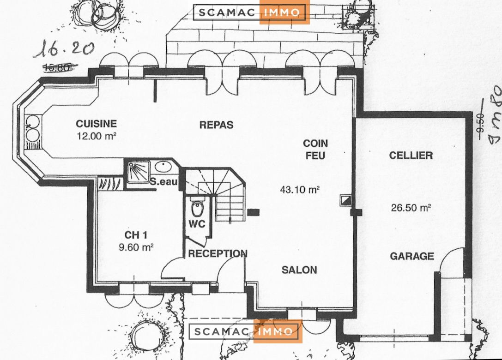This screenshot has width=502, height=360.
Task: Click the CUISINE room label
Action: pyautogui.click(x=96, y=124)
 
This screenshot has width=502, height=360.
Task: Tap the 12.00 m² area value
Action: pyautogui.click(x=96, y=136)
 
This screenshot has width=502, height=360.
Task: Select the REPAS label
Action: pyautogui.click(x=216, y=125)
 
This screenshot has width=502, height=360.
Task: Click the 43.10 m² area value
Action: pyautogui.click(x=300, y=189)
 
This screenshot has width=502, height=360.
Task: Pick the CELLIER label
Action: pyautogui.click(x=411, y=156)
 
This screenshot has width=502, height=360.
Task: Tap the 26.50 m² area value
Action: pyautogui.click(x=411, y=208)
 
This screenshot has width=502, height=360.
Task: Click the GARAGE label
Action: pyautogui.click(x=411, y=256)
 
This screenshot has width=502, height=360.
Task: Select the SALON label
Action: pyautogui.click(x=299, y=270)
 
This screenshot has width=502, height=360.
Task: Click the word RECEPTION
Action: pyautogui.click(x=218, y=253)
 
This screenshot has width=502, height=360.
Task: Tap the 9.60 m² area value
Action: pyautogui.click(x=136, y=247)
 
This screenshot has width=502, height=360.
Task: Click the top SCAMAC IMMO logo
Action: pyautogui.click(x=250, y=12)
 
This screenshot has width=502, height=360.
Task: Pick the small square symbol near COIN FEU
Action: pyautogui.click(x=345, y=199)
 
